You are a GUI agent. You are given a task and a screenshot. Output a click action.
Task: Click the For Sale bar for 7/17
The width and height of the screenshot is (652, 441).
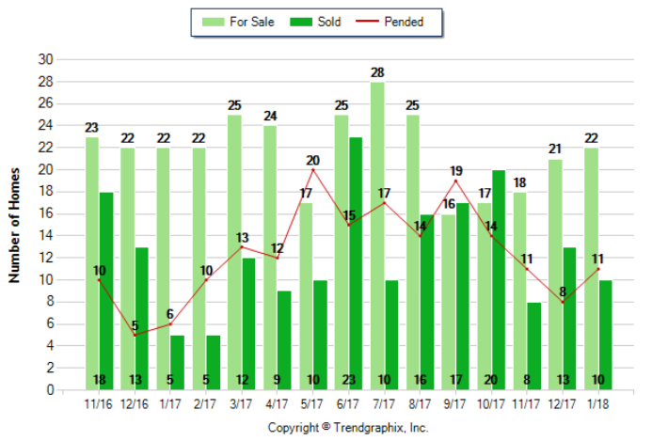(x=377, y=235)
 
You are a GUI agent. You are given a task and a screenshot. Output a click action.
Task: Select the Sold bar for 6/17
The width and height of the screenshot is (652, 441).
(x=355, y=263)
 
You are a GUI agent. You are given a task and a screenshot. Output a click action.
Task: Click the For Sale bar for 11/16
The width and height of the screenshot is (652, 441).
(x=92, y=263)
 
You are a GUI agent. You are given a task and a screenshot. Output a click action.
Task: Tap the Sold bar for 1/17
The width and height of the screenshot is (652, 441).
(x=177, y=362)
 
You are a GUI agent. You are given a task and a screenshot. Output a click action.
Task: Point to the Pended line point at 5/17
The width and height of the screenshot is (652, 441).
(x=313, y=169)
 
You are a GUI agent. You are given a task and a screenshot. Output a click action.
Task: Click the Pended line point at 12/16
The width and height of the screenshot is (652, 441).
(x=135, y=335)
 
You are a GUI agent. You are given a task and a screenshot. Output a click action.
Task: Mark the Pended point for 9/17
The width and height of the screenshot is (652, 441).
(x=456, y=181)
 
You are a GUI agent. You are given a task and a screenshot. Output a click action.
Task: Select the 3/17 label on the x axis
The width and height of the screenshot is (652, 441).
(x=242, y=404)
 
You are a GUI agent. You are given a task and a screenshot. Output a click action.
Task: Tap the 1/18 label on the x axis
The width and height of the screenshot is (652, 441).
(x=597, y=404)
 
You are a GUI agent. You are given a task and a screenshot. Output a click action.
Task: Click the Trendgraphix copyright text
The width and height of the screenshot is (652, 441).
(x=348, y=427)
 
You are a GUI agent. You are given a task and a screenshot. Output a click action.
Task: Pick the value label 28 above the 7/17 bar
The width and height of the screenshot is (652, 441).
(x=377, y=72)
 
